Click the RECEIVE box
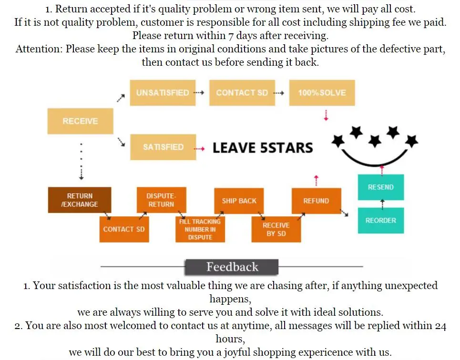[x=80, y=121]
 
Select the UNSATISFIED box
[x=163, y=93]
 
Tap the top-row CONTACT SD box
[x=242, y=93]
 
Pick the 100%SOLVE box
[x=322, y=93]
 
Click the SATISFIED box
[x=163, y=147]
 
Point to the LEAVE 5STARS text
[x=263, y=148]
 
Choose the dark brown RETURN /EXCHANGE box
[x=80, y=200]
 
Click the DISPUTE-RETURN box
[x=161, y=200]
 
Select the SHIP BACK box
[x=239, y=201]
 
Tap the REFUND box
[x=316, y=201]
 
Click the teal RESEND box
[x=380, y=187]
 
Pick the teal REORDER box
[x=380, y=220]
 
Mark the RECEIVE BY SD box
[x=276, y=229]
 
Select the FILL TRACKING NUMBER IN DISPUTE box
[x=200, y=229]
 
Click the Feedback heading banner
[x=232, y=267]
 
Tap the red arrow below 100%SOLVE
[x=326, y=115]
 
